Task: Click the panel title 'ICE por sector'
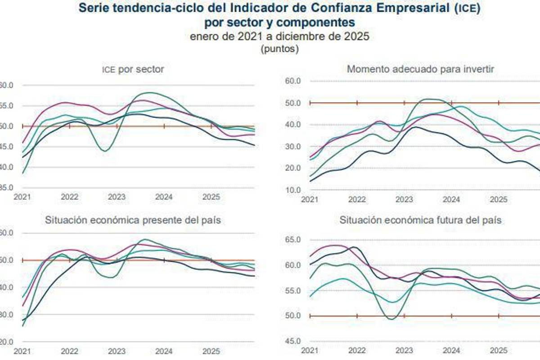pos(132,69)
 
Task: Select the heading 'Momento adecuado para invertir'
pos(421,69)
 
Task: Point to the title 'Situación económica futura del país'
pos(421,220)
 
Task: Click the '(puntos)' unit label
pos(279,49)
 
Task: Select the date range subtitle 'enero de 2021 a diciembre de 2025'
pos(279,37)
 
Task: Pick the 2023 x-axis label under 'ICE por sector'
pos(117,197)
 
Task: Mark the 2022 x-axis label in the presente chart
pos(69,351)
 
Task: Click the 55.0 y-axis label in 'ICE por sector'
pos(5,106)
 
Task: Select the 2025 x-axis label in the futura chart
pos(498,351)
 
